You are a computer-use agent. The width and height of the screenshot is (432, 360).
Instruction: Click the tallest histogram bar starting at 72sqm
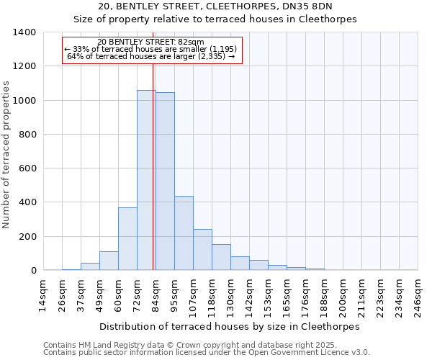(145, 180)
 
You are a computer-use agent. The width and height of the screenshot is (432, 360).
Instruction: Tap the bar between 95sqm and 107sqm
(184, 233)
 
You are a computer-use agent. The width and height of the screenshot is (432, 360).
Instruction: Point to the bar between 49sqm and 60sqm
(109, 261)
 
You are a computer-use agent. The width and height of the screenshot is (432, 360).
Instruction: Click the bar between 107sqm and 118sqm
(202, 250)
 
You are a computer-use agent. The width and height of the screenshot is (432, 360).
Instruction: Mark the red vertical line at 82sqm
(153, 166)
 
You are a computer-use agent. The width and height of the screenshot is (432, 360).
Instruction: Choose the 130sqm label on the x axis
(230, 295)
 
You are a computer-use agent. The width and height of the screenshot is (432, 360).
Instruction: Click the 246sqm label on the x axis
(418, 295)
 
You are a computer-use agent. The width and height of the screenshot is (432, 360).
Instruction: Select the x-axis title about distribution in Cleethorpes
(229, 326)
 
